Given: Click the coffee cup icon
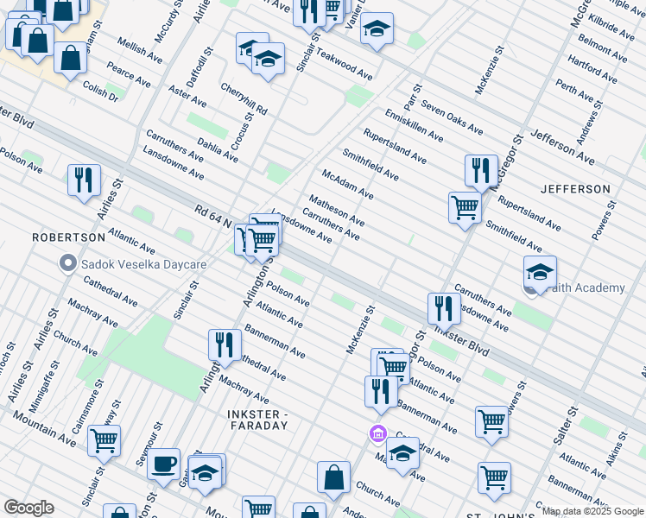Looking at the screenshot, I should (x=163, y=464).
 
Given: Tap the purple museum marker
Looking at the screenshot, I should (x=377, y=433).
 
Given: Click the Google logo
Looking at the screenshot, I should (x=28, y=509).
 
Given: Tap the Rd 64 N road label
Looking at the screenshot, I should (x=212, y=212).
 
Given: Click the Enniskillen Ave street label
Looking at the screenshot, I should (x=414, y=124).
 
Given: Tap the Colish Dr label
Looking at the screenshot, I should (x=100, y=91).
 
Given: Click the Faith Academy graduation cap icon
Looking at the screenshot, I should (x=540, y=273).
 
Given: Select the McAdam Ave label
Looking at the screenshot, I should (x=347, y=185).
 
